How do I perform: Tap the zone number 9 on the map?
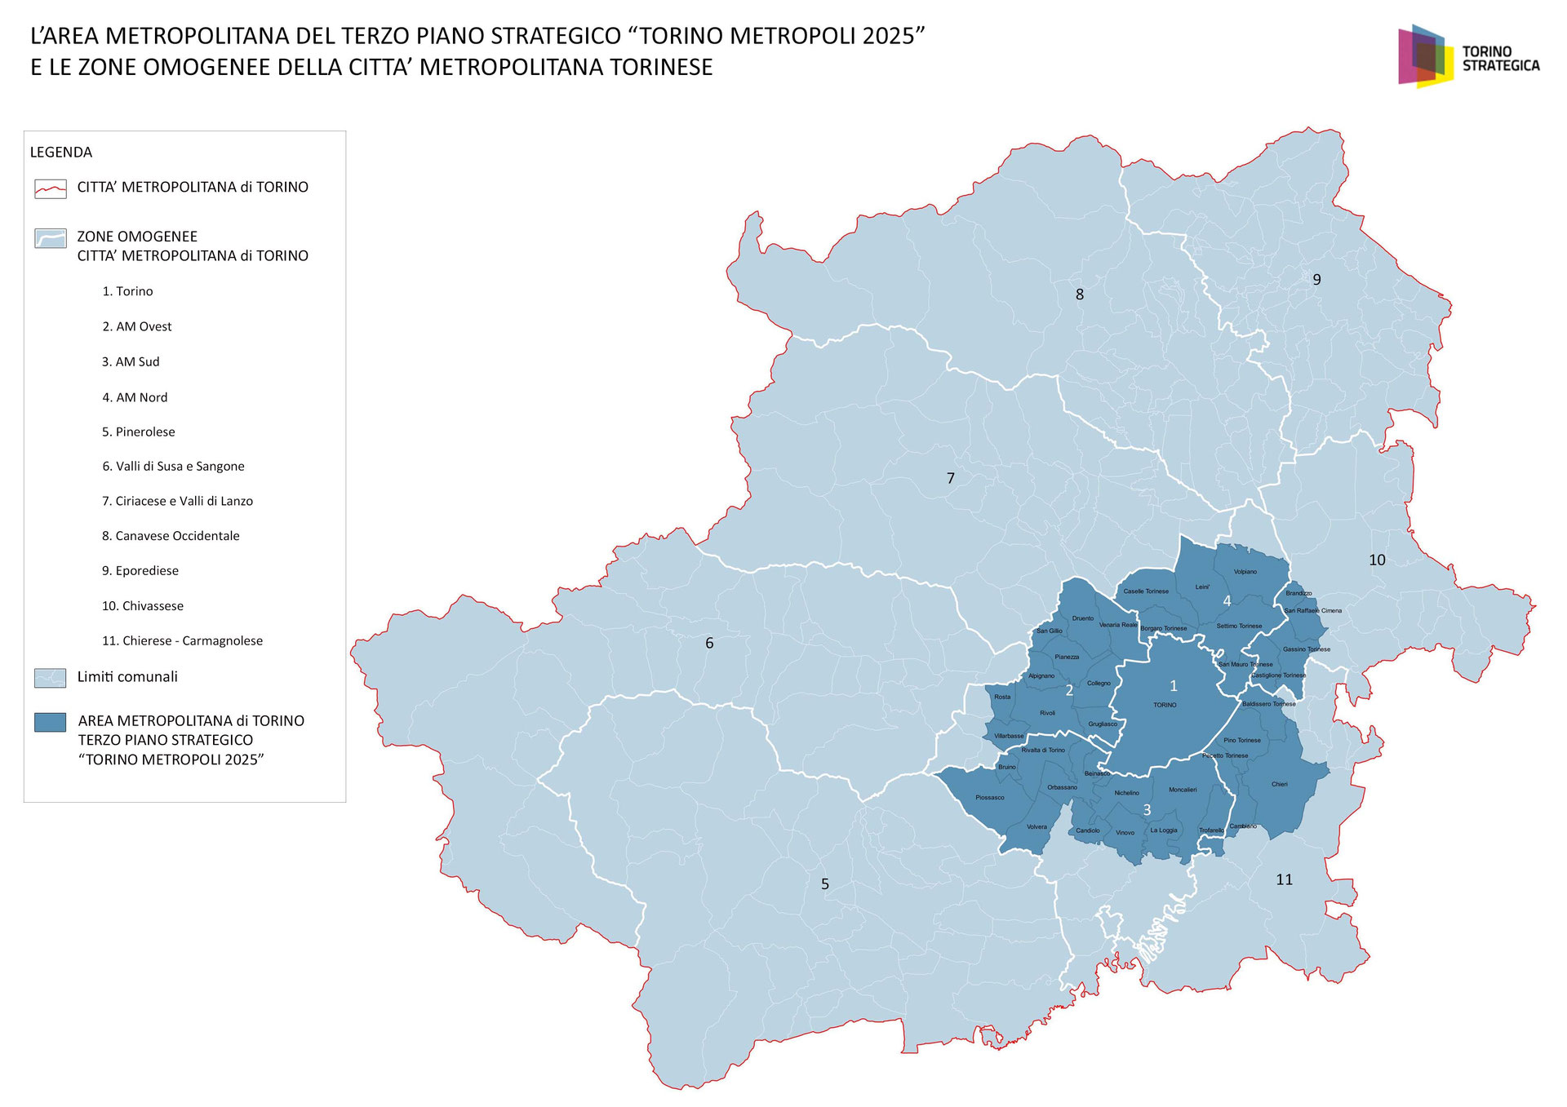[1316, 280]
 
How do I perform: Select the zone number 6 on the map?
[709, 644]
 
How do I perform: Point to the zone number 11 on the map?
[1284, 879]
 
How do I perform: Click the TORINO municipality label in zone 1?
[1165, 705]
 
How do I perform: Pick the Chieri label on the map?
[1279, 784]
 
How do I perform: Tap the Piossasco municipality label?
[989, 797]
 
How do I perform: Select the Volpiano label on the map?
[1245, 572]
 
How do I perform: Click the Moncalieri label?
[1183, 790]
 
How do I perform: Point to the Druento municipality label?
[1082, 618]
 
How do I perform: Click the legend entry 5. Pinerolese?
[138, 432]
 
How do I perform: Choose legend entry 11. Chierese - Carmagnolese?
[182, 640]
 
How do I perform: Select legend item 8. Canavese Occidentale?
[171, 536]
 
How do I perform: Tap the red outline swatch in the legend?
[51, 188]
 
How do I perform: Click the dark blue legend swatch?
[51, 722]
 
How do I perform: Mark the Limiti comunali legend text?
[127, 677]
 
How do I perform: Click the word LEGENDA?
[61, 153]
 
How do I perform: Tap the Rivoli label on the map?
[1047, 713]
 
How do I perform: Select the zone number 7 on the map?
[950, 478]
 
